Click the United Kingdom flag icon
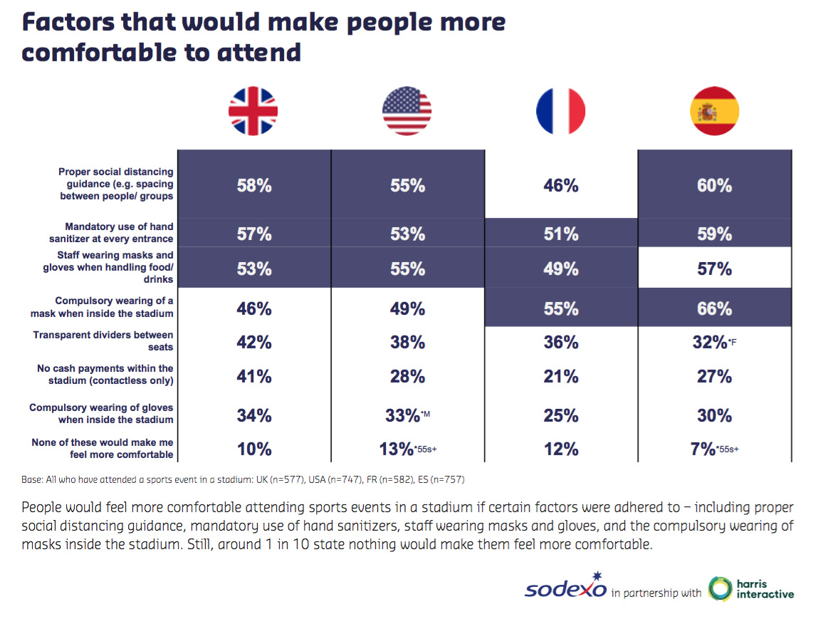pyautogui.click(x=253, y=111)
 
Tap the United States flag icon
pyautogui.click(x=407, y=111)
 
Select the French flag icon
pyautogui.click(x=560, y=111)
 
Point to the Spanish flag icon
pyautogui.click(x=714, y=111)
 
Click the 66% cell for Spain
pyautogui.click(x=714, y=308)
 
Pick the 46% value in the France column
pyautogui.click(x=560, y=186)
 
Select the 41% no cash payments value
pyautogui.click(x=254, y=376)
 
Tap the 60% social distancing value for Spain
pyautogui.click(x=714, y=186)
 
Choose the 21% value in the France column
pyautogui.click(x=560, y=376)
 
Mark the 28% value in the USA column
pyautogui.click(x=407, y=376)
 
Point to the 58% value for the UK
pyautogui.click(x=254, y=186)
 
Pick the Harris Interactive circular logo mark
pyautogui.click(x=720, y=589)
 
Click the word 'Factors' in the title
pyautogui.click(x=65, y=22)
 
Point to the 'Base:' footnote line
pyautogui.click(x=243, y=479)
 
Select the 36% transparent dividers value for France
pyautogui.click(x=560, y=342)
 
